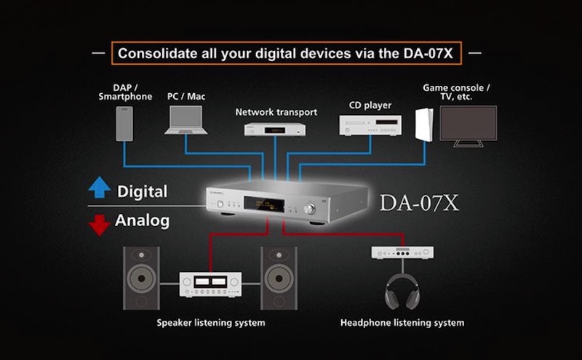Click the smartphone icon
coord(124,124)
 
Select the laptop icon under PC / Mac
coord(186,120)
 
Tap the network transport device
coord(275,129)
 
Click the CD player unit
coord(370,125)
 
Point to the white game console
coord(424,124)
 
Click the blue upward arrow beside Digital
coord(100,187)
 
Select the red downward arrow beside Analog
coord(99,225)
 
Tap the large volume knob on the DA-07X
coord(309,209)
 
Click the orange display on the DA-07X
coord(264,204)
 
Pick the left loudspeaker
coord(141,279)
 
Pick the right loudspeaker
coord(279,279)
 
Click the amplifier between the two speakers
coord(210,284)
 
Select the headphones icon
coord(402,292)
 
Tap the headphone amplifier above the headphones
coord(402,252)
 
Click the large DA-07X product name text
coord(419,203)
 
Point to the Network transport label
coord(276,112)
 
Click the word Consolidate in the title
coord(157,53)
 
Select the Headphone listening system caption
coord(402,323)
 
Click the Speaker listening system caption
coord(211,323)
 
